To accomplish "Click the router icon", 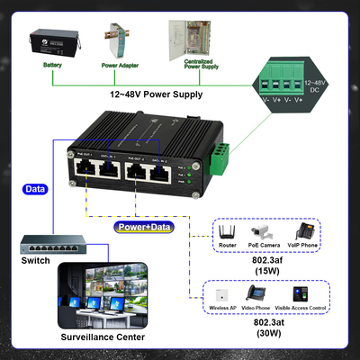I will coord(229,232).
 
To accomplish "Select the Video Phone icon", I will coord(261,293).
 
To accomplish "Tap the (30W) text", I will coord(268,334).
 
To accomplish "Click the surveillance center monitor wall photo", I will coord(107,298).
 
